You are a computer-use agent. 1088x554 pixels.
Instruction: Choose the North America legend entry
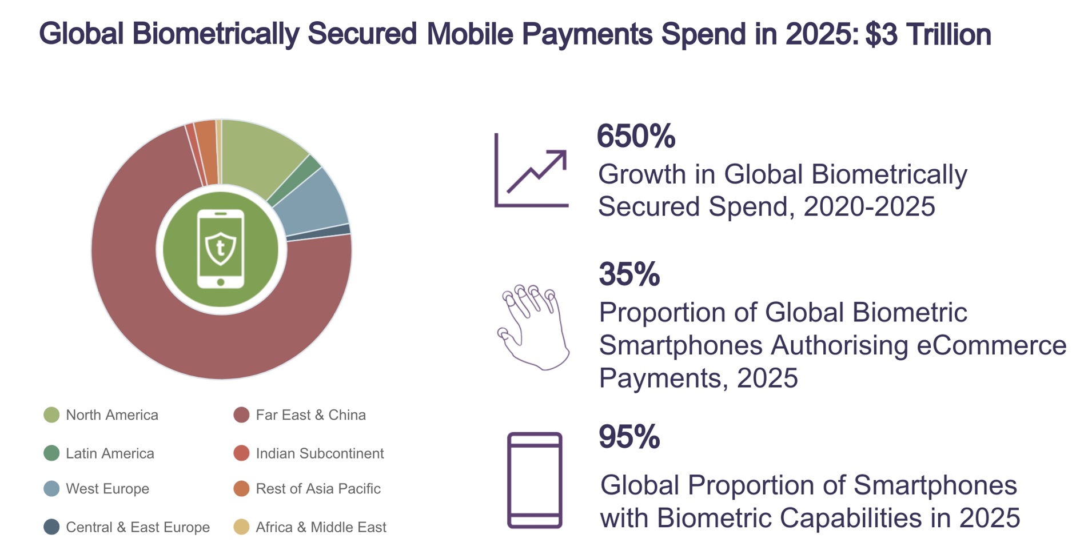[101, 415]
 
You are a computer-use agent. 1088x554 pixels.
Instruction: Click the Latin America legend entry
[99, 453]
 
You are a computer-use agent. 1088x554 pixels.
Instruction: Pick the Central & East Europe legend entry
[127, 527]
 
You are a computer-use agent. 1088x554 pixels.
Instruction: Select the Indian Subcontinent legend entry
[309, 453]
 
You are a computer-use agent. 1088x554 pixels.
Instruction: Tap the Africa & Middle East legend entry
[310, 527]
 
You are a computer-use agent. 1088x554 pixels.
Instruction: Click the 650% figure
[636, 136]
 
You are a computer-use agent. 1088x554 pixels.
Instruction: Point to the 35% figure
[629, 274]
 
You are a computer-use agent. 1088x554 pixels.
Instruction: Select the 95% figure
[629, 437]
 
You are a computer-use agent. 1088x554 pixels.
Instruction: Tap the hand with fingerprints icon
[533, 328]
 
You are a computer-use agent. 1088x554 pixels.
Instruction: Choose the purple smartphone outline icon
[535, 480]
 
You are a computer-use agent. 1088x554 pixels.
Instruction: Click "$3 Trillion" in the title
[928, 34]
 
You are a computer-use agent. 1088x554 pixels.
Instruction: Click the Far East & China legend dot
[241, 415]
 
